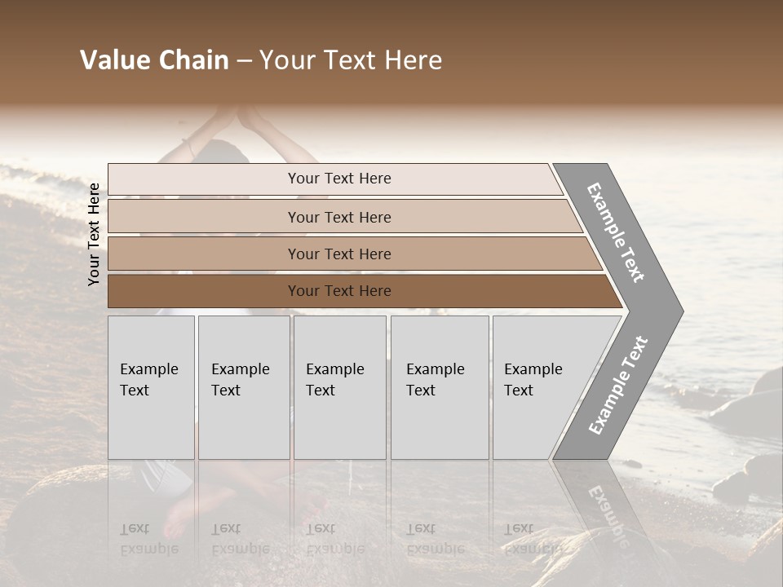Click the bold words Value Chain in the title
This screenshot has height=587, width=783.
[154, 60]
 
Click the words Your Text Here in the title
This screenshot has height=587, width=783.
[351, 60]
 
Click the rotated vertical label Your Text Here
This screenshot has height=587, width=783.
[94, 234]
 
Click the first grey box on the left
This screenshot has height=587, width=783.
[151, 387]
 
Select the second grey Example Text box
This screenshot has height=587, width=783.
[244, 387]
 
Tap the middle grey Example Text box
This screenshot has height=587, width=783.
[339, 387]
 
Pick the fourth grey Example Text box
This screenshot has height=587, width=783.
[440, 387]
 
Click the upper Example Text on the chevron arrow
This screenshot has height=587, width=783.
[616, 232]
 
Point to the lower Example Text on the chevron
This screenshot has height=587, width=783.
[618, 386]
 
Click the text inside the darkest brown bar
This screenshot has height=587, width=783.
[339, 291]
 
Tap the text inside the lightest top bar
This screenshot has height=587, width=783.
[339, 179]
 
